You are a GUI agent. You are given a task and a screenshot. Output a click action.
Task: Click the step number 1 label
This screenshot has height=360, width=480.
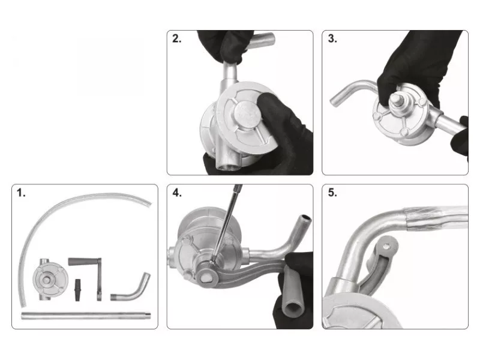tap(21, 193)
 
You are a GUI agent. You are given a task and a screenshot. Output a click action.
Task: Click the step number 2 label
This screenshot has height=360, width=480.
tap(176, 38)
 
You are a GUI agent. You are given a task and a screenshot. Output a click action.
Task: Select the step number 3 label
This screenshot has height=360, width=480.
tap(332, 38)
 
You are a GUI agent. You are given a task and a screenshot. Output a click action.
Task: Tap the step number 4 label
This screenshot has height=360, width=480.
tap(177, 193)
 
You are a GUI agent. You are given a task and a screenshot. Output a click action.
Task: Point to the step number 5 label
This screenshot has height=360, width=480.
tap(332, 193)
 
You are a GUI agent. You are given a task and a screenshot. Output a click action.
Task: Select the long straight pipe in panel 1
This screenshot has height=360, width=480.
tap(86, 316)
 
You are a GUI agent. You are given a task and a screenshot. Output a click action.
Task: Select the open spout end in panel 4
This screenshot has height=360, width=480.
tap(306, 218)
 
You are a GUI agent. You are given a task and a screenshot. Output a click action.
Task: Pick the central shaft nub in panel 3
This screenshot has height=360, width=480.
tap(396, 100)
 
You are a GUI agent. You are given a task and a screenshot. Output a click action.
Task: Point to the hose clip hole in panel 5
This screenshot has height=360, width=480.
tap(386, 245)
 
